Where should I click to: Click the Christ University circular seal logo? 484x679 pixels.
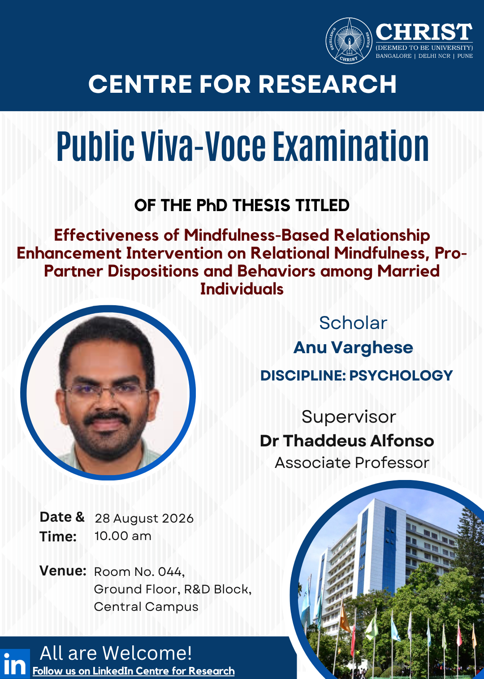coord(349,41)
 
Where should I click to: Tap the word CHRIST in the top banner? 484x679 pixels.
coord(424,32)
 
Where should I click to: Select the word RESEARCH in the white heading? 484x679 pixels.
coord(327,84)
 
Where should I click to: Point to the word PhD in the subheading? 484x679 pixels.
coord(212,205)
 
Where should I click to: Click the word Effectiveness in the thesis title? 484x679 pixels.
coord(106,235)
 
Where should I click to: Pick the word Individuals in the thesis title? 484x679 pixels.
coord(242,289)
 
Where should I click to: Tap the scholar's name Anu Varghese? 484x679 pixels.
coord(353,347)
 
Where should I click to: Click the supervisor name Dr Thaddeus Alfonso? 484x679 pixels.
coord(347,441)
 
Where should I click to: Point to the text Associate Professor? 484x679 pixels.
coord(352,463)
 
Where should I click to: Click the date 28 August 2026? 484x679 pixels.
coord(144,519)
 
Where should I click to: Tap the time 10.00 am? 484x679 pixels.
coord(123,536)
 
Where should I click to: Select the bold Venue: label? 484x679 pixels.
coord(63,571)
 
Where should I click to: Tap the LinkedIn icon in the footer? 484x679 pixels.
coord(15,664)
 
